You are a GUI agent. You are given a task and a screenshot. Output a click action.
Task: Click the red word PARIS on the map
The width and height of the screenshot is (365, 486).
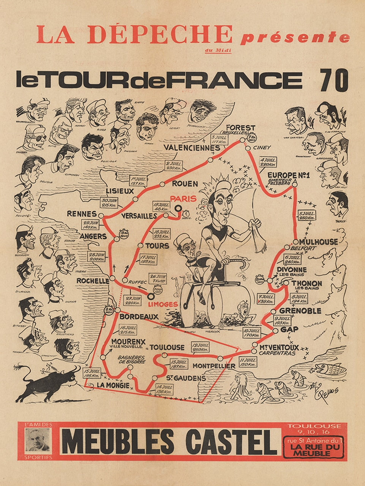point(183,198)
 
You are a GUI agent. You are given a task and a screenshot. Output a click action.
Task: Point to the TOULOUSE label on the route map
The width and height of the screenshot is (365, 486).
point(167,347)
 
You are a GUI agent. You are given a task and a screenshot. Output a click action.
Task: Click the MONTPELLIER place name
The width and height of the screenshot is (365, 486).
point(214,366)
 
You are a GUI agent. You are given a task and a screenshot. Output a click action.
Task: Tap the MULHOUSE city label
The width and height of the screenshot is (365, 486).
point(318,241)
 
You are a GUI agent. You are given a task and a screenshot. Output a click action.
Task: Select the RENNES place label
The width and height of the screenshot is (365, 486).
point(82,214)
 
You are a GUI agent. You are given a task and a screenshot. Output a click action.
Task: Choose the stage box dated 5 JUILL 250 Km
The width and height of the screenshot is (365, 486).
point(307,215)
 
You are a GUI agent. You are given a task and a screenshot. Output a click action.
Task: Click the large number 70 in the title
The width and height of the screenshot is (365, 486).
point(334,80)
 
